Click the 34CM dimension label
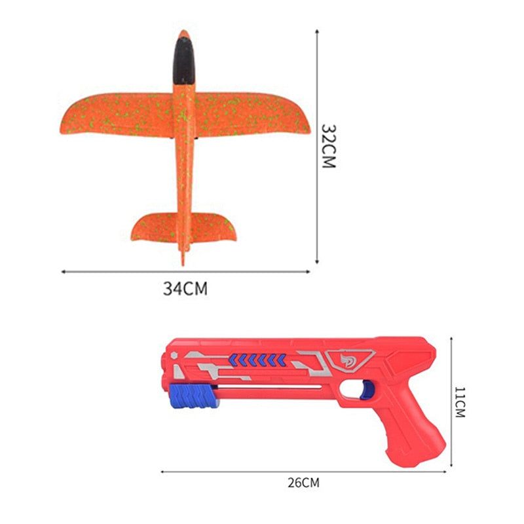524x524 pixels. point(185,288)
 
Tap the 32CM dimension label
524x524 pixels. point(328,146)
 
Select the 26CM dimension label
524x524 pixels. point(304,483)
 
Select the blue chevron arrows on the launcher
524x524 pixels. point(257,358)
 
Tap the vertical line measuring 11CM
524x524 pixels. point(452,402)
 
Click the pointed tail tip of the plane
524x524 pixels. point(183,261)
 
